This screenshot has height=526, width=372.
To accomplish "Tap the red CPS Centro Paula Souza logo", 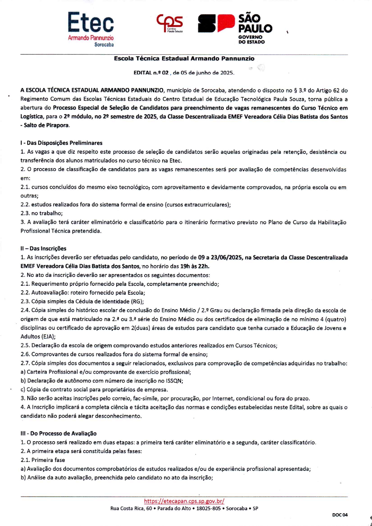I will click(170, 23).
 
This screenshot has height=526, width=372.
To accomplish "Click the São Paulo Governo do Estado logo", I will click(235, 29).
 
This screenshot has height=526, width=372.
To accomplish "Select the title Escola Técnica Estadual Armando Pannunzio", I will click(184, 59).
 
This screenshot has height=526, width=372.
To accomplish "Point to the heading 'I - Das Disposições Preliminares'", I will click(61, 143).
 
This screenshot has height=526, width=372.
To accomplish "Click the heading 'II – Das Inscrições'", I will click(43, 248).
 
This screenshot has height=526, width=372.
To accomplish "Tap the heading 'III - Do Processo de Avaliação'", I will click(58, 433).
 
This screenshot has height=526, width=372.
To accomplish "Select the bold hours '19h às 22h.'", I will click(195, 266).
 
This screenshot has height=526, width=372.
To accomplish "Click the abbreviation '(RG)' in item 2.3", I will click(137, 302).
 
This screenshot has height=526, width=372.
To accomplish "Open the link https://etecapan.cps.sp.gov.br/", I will click(184, 501).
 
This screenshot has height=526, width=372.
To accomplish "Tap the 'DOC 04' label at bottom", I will click(340, 515).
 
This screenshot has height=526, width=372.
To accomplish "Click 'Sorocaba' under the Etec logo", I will click(104, 45).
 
